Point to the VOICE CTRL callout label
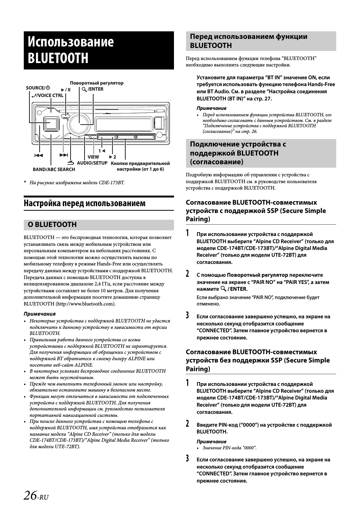click(48, 96)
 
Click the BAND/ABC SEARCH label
click(54, 170)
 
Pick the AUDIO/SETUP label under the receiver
click(92, 163)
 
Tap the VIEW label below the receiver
click(93, 157)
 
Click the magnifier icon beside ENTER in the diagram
click(84, 89)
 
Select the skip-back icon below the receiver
click(38, 155)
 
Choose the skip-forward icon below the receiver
click(64, 155)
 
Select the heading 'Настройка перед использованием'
click(85, 203)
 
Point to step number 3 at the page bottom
click(188, 459)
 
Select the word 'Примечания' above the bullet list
click(40, 314)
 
